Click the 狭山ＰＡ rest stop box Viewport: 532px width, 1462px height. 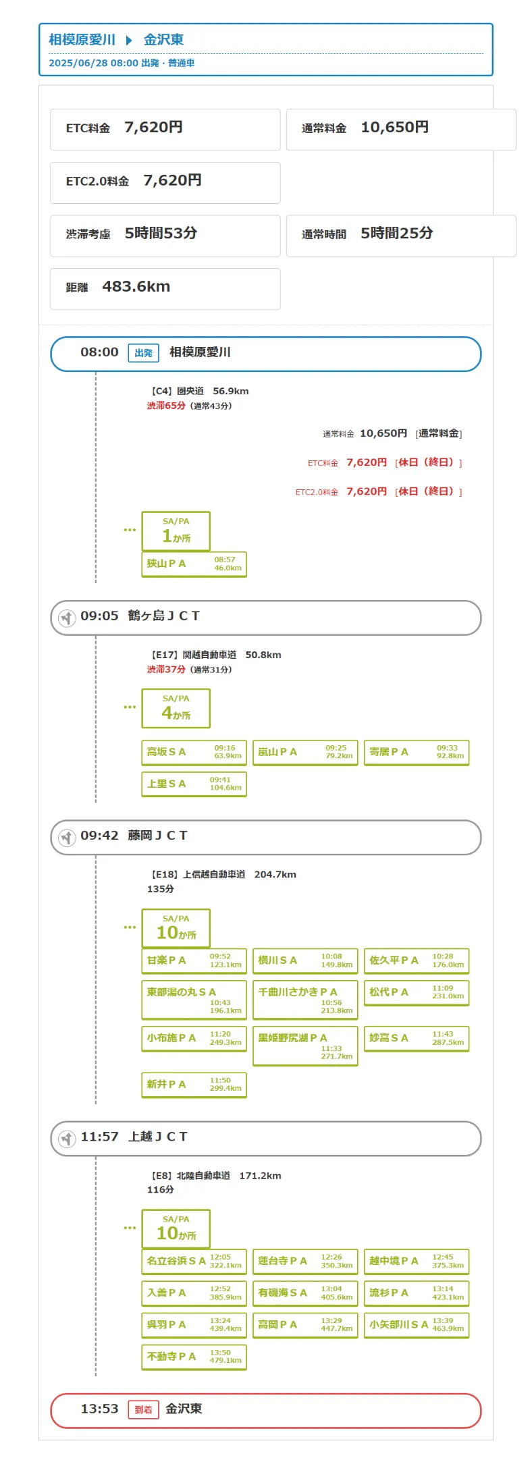point(194,564)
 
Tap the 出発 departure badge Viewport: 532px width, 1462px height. point(143,353)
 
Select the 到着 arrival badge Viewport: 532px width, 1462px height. point(143,1409)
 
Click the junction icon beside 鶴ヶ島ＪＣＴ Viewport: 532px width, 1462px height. point(67,618)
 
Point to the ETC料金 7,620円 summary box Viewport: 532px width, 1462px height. point(165,129)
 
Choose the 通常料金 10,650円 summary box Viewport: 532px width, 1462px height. point(401,129)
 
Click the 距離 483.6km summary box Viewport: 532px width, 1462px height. point(165,288)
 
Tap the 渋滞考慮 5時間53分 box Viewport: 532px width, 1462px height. point(165,235)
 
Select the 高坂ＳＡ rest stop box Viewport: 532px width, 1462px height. point(194,752)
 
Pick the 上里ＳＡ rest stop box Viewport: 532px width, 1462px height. point(194,784)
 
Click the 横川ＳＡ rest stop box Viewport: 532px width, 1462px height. point(305,960)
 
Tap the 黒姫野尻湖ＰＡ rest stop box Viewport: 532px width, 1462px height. point(305,1046)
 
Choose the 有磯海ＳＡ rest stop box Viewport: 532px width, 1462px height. point(305,1293)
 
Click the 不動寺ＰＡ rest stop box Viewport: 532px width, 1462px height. point(194,1357)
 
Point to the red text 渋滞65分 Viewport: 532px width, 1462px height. point(166,406)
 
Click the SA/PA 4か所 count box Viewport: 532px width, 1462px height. point(176,707)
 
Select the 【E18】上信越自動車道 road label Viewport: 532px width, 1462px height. point(198,874)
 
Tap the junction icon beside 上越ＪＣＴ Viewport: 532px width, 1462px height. point(67,1139)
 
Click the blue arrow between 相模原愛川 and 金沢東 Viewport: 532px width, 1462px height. point(129,40)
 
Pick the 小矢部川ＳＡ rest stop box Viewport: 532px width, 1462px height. point(416,1324)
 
